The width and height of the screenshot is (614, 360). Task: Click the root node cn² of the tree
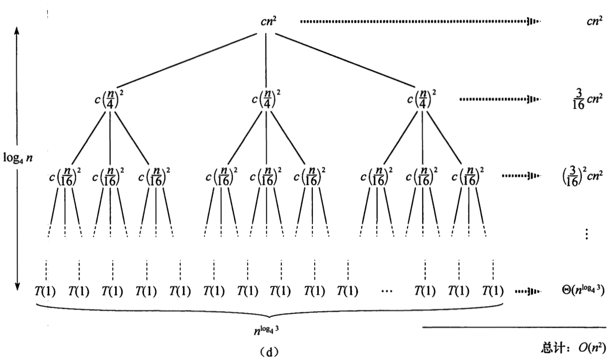[x=268, y=21]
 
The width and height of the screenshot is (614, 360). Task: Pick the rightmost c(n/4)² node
[x=422, y=99]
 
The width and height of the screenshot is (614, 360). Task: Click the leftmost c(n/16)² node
[x=65, y=177]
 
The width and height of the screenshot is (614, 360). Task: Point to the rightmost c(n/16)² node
[x=468, y=177]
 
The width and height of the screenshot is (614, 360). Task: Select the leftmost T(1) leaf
[x=45, y=291]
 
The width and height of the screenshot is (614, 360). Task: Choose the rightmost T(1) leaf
[x=493, y=291]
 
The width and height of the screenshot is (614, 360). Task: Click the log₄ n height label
[x=18, y=158]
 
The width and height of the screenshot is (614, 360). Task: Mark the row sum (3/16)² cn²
[x=582, y=177]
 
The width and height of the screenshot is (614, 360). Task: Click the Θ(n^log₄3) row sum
[x=583, y=290]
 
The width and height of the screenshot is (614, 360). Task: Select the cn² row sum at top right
[x=595, y=21]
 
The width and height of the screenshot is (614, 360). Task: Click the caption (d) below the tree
[x=268, y=352]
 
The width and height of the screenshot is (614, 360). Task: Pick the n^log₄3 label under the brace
[x=266, y=330]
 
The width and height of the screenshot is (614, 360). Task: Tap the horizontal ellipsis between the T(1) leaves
[x=387, y=292]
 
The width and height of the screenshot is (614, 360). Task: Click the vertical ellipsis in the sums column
[x=586, y=234]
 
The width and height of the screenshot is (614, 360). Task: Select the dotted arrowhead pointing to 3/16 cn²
[x=533, y=99]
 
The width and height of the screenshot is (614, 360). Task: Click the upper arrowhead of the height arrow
[x=17, y=30]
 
